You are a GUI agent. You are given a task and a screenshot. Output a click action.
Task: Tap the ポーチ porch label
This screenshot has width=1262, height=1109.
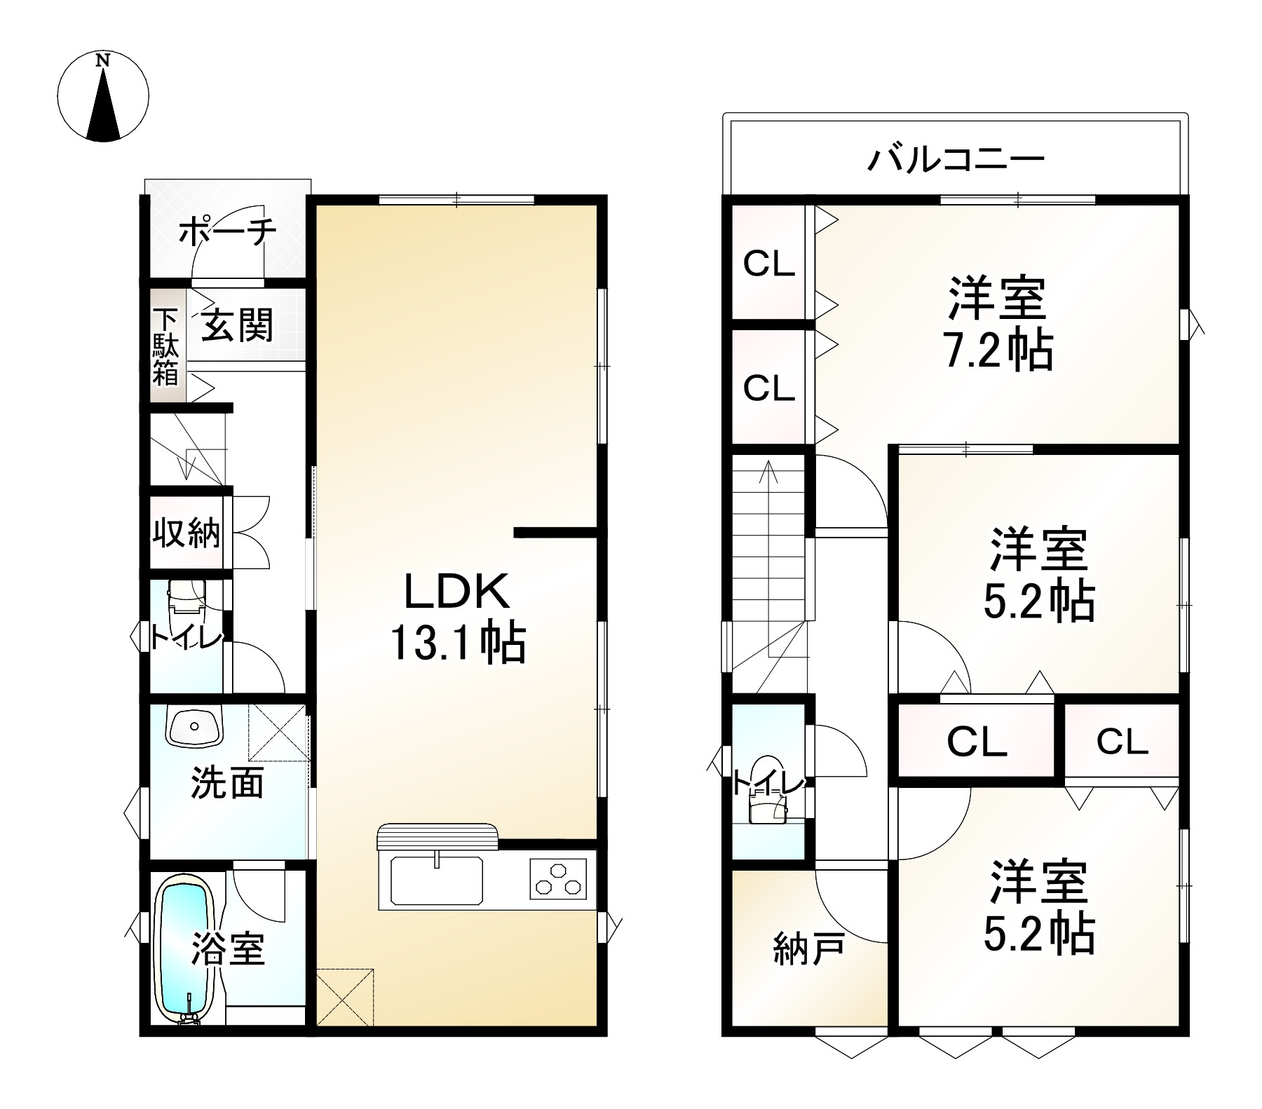pyautogui.click(x=227, y=231)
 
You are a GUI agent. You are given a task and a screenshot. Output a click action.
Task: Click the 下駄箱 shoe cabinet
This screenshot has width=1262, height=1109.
pyautogui.click(x=166, y=346)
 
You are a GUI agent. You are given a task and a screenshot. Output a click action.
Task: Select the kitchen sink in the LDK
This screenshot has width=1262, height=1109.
pyautogui.click(x=436, y=880)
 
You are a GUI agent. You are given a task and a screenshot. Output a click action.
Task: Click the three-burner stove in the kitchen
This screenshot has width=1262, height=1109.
pyautogui.click(x=558, y=880)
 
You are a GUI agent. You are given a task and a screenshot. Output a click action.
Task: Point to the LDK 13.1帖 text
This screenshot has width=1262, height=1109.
pyautogui.click(x=456, y=618)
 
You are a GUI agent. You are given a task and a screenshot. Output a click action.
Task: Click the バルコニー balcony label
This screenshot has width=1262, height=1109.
pyautogui.click(x=956, y=160)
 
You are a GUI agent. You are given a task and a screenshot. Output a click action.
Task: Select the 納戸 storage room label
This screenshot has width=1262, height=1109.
pyautogui.click(x=808, y=951)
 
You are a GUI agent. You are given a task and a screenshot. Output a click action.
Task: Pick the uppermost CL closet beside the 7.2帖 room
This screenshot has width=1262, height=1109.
pyautogui.click(x=768, y=264)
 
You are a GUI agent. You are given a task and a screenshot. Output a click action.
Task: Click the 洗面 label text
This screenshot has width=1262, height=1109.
pyautogui.click(x=227, y=783)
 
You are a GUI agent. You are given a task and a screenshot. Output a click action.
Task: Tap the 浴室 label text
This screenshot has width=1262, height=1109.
pyautogui.click(x=228, y=949)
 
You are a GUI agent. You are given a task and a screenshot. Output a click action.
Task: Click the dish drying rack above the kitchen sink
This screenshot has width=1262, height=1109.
pyautogui.click(x=437, y=836)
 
